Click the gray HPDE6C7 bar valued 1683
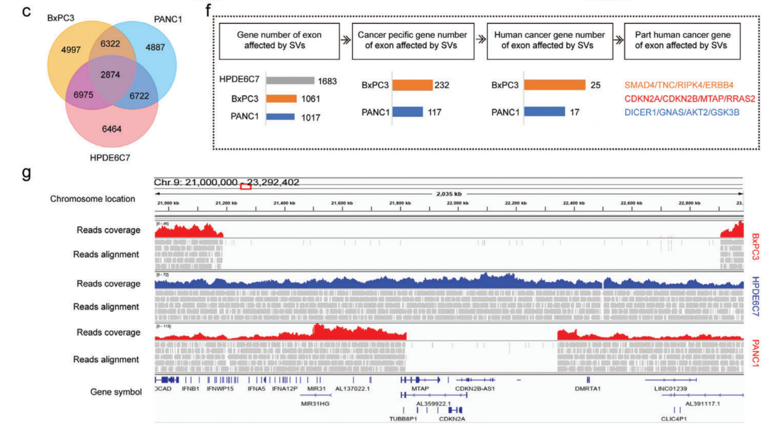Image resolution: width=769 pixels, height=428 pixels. [290, 80]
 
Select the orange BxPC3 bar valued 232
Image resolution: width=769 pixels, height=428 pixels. [412, 85]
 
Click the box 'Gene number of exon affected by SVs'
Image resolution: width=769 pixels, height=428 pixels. [279, 40]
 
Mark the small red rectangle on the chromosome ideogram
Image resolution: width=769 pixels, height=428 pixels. [245, 186]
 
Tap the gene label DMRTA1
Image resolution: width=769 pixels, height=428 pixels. [588, 388]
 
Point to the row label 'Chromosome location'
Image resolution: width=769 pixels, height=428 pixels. [92, 199]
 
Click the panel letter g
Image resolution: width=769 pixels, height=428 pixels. [26, 173]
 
